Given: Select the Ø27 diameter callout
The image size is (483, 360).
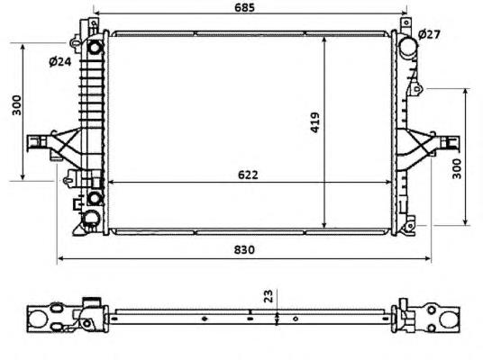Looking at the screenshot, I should pyautogui.click(x=430, y=34).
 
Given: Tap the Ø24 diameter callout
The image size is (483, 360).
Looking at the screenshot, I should pyautogui.click(x=59, y=62).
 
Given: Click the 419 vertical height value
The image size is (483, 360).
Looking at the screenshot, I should pyautogui.click(x=315, y=122).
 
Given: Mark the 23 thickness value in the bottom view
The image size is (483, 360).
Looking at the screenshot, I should pyautogui.click(x=268, y=295).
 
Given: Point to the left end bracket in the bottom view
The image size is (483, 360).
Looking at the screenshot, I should pyautogui.click(x=47, y=317).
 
